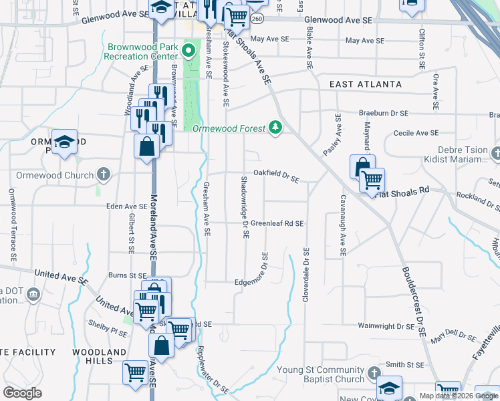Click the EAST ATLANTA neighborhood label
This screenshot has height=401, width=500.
click(x=366, y=84)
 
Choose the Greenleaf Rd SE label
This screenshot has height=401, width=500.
click(x=277, y=223)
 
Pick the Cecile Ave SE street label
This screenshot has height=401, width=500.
click(x=416, y=133)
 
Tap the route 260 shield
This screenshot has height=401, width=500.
click(x=257, y=20)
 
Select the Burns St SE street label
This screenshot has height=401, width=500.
click(x=127, y=275)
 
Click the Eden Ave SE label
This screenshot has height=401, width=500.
click(x=126, y=207)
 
